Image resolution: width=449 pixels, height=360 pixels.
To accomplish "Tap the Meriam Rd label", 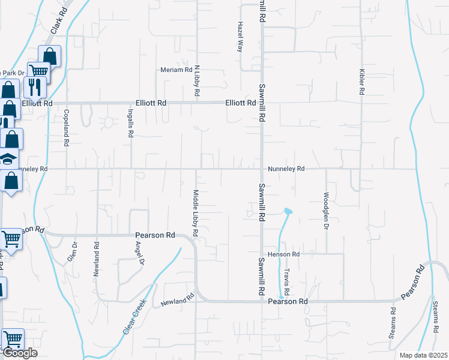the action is (x=175, y=70).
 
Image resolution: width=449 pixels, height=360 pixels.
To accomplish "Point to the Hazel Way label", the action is (x=240, y=38).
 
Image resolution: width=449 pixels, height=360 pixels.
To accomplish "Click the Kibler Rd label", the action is (x=362, y=82).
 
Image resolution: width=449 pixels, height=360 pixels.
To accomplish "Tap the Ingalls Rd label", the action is (x=130, y=123).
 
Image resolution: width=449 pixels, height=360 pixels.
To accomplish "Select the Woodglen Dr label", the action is (x=327, y=211).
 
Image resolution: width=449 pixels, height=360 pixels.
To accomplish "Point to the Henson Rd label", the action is (x=283, y=254).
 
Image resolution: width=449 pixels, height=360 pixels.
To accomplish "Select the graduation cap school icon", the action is (x=7, y=159).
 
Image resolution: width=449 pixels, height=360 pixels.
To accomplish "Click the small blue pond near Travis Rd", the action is (x=288, y=211).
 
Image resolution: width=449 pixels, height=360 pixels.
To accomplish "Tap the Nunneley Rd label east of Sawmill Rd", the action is (x=286, y=169).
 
